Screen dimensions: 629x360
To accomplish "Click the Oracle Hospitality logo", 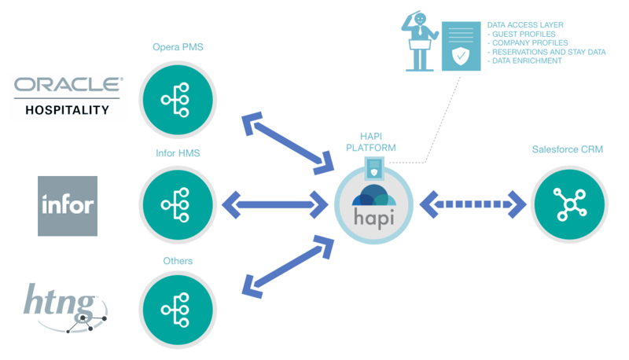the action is [68, 96].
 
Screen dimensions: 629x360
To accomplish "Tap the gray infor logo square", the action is [68, 206].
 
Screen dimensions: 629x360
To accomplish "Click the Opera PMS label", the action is [178, 47].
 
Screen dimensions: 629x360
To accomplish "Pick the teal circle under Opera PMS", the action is [178, 100].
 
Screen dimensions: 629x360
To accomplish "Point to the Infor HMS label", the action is [178, 153].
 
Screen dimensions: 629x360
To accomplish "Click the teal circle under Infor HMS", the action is [178, 205].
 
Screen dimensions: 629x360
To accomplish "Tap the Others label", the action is [178, 261].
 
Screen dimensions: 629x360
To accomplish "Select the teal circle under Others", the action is [178, 310].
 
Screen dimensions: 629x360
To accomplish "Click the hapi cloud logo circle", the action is [374, 205].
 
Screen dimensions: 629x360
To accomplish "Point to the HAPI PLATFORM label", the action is [371, 142].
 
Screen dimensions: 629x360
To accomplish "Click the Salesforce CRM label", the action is [567, 149].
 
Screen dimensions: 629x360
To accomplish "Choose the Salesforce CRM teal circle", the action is [569, 204].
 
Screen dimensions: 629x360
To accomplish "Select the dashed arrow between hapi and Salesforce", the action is [473, 204].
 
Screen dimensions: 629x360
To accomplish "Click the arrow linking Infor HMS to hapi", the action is [275, 205].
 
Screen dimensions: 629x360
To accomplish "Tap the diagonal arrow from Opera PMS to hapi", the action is [288, 143].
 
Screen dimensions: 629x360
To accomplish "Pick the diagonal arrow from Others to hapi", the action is [288, 266].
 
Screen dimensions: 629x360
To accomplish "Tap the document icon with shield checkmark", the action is [462, 46].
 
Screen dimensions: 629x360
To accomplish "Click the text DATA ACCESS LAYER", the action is [525, 25].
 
